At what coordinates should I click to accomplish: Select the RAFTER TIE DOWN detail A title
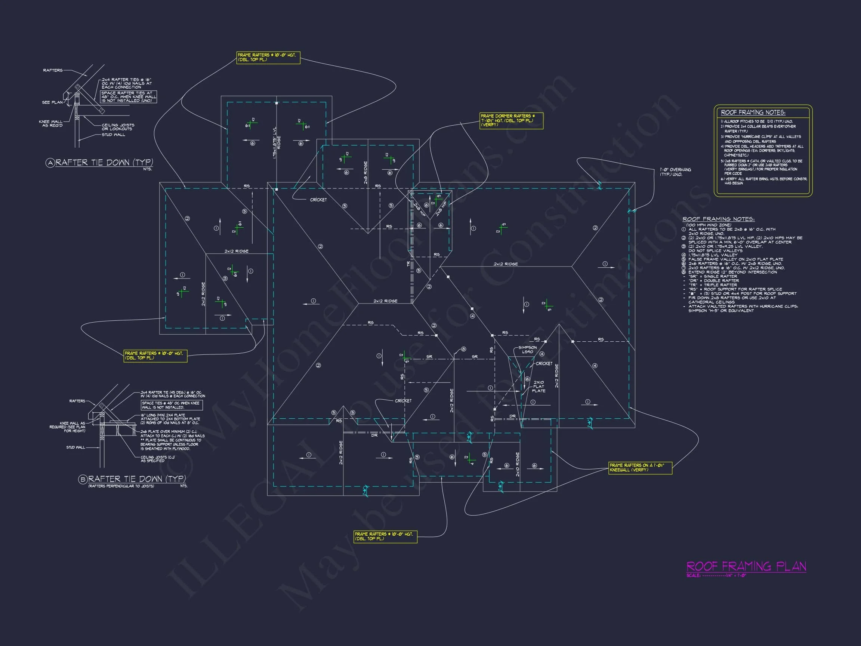click(x=104, y=162)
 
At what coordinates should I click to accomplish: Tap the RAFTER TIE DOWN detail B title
click(x=137, y=479)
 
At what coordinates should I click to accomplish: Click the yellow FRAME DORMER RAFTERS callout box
click(x=511, y=120)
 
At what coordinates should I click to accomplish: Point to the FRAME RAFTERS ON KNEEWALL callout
click(x=640, y=468)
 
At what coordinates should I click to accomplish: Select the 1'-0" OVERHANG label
click(x=675, y=172)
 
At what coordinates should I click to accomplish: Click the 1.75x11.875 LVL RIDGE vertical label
click(x=277, y=142)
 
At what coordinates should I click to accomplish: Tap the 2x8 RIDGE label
click(x=365, y=172)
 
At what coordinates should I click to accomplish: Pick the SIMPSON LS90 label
click(x=527, y=349)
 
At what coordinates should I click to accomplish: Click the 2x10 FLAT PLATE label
click(x=539, y=386)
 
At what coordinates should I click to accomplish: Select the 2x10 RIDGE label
click(x=518, y=464)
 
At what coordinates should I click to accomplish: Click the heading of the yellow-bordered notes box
click(x=753, y=113)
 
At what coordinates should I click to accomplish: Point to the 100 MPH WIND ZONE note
click(x=709, y=225)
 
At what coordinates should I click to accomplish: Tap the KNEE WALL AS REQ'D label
click(x=50, y=123)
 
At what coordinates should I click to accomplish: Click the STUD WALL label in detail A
click(x=113, y=135)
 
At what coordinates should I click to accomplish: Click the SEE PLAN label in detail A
click(x=52, y=102)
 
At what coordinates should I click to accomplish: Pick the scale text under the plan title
click(x=716, y=575)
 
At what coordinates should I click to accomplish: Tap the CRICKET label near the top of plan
click(x=318, y=200)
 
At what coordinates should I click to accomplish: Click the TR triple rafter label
click(x=408, y=264)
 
